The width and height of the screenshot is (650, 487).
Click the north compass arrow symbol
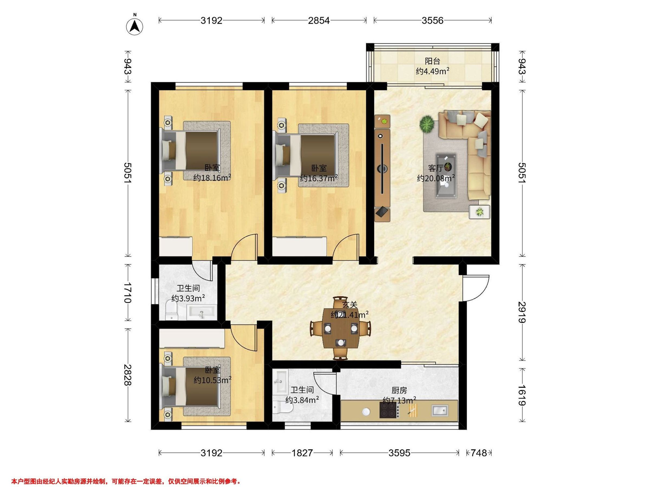coord(135,26)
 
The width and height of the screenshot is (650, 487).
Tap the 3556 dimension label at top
coord(432,20)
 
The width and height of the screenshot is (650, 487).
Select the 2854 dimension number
coord(319,20)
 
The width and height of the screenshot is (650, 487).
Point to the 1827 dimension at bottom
coord(302,453)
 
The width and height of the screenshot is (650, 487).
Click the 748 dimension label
coord(479,453)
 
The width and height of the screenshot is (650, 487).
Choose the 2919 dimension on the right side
coord(522,312)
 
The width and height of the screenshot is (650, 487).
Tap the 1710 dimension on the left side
coord(128,293)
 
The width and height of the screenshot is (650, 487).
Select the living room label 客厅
coord(435,168)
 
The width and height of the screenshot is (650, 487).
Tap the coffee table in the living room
coord(446,175)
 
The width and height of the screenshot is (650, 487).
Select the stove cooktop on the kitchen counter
coord(389,410)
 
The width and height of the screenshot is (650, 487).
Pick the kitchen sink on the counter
coord(440,410)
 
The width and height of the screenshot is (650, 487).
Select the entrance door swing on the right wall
coord(476,288)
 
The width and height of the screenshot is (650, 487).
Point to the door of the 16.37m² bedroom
coord(346,247)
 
